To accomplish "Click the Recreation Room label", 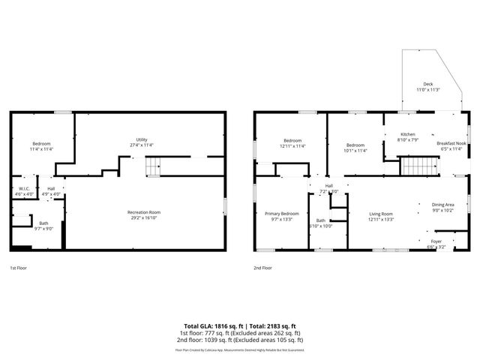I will [x=144, y=212].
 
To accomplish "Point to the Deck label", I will [x=428, y=84].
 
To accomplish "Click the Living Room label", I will [x=380, y=214].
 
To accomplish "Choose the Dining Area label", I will [x=442, y=205].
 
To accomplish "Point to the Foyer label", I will [x=436, y=241].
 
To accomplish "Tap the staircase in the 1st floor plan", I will [x=152, y=166].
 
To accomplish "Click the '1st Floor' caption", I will [x=19, y=268].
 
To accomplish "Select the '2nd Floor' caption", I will [x=263, y=268].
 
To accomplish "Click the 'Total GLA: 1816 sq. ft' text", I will [x=214, y=326].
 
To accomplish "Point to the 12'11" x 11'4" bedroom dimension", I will [x=292, y=145].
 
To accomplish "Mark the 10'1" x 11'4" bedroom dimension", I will [x=355, y=150].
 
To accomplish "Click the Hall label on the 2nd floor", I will [x=328, y=185].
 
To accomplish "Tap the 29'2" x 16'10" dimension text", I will [x=144, y=217].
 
